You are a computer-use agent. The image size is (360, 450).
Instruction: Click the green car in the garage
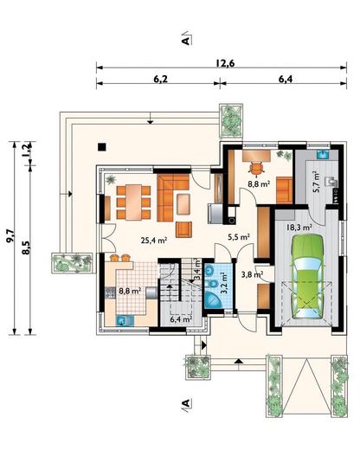coord(307,277)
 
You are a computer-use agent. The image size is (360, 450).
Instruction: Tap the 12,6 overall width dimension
coord(225,63)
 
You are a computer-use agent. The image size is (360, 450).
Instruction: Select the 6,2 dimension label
coord(160,79)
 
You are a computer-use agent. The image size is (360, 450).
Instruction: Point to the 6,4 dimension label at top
coord(286,79)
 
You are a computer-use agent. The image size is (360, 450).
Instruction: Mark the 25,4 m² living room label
coord(154,240)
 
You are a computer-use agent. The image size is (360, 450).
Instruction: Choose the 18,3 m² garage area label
coord(299,227)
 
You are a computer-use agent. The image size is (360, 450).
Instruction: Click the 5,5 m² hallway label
coord(239,237)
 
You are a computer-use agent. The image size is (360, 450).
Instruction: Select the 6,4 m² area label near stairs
coord(181,319)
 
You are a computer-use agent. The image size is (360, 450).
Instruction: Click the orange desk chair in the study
coord(256,169)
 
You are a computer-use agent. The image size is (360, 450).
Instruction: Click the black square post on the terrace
coord(102,147)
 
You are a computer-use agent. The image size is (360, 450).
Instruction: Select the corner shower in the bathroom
coord(213,300)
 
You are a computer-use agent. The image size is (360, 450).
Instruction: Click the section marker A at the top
coord(186,39)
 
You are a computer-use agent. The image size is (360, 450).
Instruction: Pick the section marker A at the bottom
coord(186,402)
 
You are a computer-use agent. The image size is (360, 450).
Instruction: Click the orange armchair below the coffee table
coord(183,229)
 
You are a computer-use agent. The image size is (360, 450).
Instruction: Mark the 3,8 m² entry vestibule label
coord(252,274)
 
